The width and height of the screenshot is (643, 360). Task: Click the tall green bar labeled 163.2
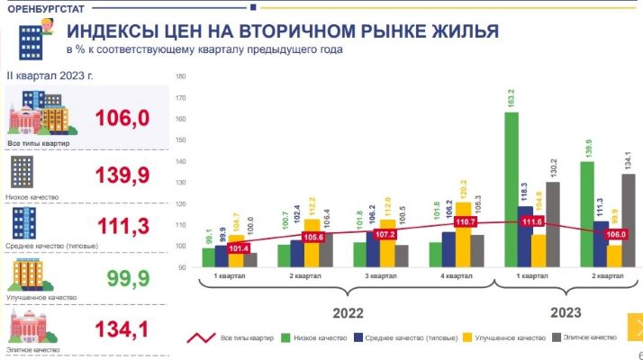[511, 189]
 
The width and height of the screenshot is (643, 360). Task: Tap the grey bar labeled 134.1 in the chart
[629, 220]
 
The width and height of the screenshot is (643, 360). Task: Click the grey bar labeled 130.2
[552, 224]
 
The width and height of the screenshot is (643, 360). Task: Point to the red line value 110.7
[465, 220]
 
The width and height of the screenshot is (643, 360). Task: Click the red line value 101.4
[238, 248]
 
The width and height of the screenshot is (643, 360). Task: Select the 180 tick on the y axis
[181, 76]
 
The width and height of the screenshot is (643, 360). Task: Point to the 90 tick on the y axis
[182, 267]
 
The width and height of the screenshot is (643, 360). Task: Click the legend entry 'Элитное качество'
[585, 337]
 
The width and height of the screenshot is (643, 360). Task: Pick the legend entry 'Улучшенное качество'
[508, 337]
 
